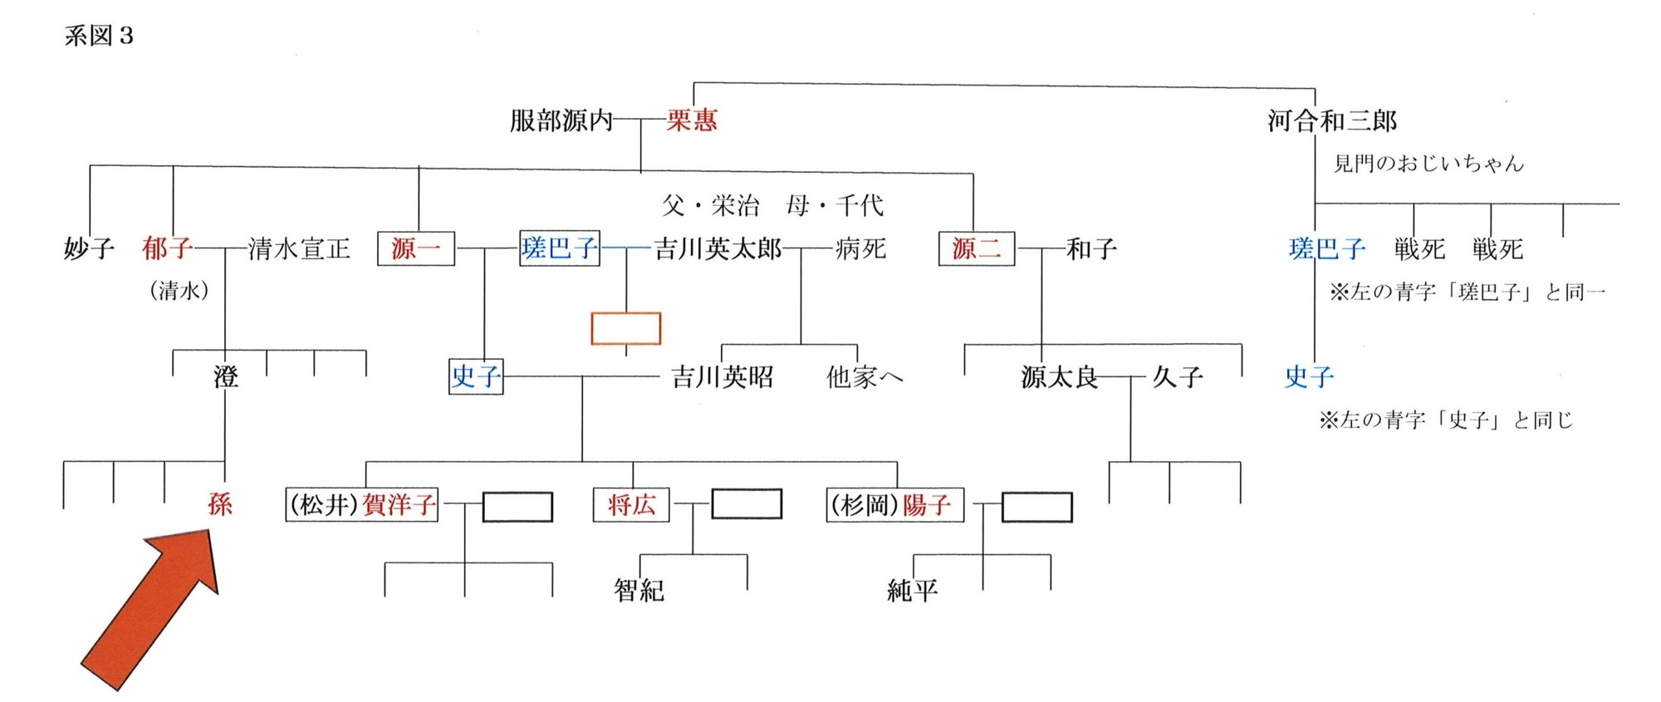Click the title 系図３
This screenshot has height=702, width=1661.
99,37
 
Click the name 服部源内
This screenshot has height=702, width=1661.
561,121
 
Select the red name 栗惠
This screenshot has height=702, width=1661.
692,121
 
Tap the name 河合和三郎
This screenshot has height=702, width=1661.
1332,121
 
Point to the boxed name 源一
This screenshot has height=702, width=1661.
415,248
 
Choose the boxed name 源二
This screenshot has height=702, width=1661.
976,248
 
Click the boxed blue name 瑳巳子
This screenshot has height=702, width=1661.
559,248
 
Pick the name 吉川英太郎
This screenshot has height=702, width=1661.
718,248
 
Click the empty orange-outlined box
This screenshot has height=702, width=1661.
625,328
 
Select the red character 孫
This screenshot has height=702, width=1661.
220,503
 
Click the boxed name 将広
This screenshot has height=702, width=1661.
631,504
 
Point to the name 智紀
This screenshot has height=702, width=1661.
639,590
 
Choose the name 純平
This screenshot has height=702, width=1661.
912,590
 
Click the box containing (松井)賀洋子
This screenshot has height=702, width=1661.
361,504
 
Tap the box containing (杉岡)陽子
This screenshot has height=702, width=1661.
894,504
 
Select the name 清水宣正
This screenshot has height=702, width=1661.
299,248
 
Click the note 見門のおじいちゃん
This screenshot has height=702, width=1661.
1428,164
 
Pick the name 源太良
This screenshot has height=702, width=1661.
1059,377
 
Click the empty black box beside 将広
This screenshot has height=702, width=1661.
747,504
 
